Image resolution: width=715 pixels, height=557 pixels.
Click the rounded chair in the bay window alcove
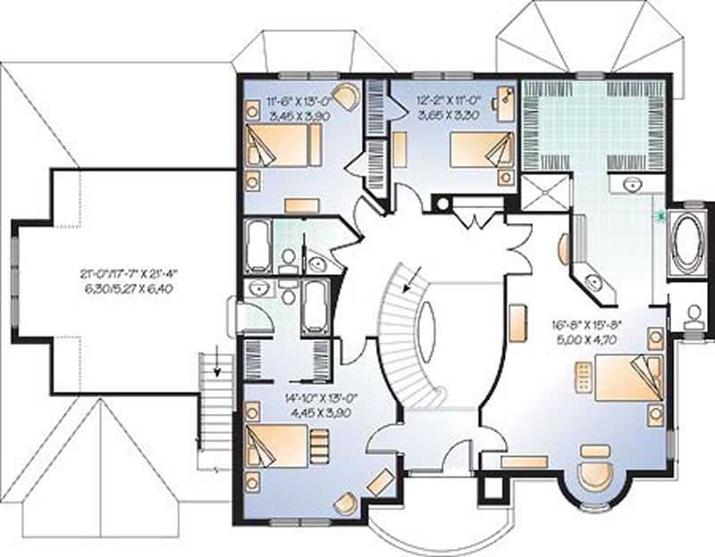(593, 473)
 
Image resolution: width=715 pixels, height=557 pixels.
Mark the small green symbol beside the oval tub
(660, 214)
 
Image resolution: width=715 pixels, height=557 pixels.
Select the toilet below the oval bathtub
(694, 314)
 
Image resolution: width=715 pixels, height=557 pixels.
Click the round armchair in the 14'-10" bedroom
(344, 504)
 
